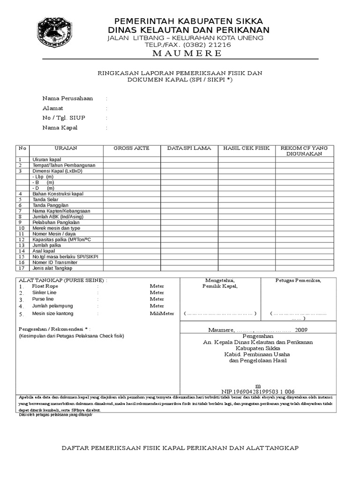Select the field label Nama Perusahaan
click(67, 98)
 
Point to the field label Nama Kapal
click(60, 127)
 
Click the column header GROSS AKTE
click(132, 148)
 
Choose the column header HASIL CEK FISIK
click(247, 148)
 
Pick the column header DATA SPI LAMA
click(189, 148)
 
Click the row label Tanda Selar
click(46, 199)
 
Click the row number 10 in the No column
click(21, 228)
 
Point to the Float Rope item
click(45, 285)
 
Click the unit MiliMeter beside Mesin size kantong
click(162, 314)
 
